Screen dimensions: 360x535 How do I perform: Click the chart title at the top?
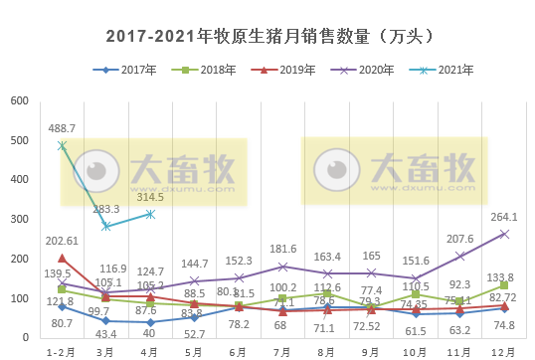267,35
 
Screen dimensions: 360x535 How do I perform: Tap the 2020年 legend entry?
363,70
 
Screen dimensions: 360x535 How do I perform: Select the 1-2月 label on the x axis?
61,351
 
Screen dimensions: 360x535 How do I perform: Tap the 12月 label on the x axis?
504,351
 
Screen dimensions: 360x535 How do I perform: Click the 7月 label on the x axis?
283,351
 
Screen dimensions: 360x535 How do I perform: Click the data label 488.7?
62,129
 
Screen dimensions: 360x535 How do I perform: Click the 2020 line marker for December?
504,234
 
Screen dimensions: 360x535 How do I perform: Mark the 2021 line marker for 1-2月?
62,145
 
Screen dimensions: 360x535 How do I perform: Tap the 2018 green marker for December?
504,285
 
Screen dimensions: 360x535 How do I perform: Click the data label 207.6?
459,240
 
